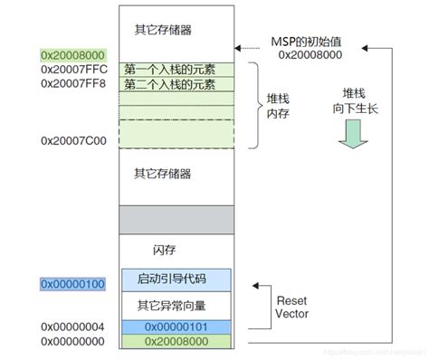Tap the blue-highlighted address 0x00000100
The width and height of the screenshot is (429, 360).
pyautogui.click(x=73, y=284)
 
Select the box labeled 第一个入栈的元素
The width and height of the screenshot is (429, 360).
pyautogui.click(x=170, y=70)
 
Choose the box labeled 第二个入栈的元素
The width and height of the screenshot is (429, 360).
pyautogui.click(x=170, y=84)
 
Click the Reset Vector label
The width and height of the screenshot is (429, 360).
pyautogui.click(x=291, y=305)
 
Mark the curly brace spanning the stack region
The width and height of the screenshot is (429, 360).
pyautogui.click(x=254, y=106)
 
